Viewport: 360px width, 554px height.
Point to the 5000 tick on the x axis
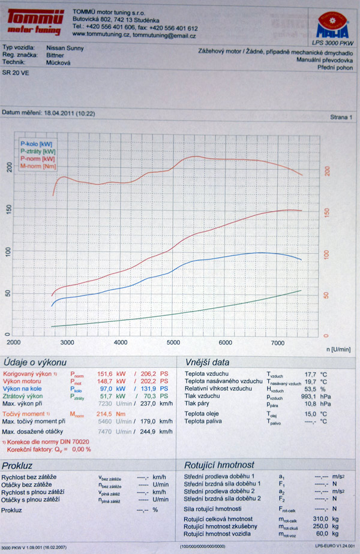(x=173, y=342)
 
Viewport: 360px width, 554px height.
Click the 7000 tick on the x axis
(x=277, y=342)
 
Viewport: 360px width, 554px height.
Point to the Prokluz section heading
(x=22, y=465)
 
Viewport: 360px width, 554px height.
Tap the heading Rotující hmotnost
(x=218, y=465)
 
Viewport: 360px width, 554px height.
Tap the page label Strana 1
(x=341, y=118)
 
